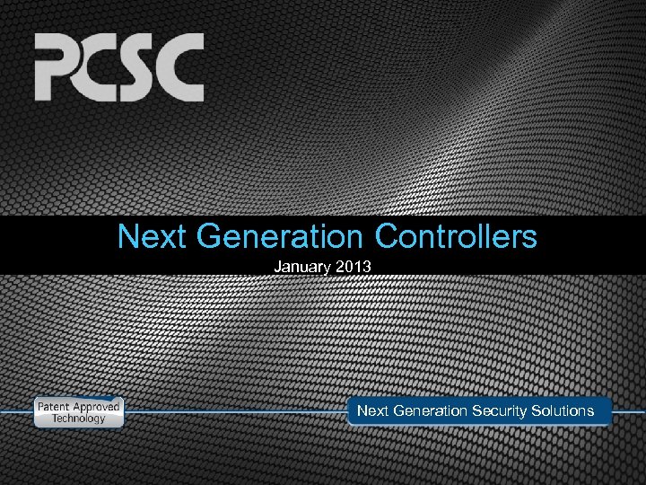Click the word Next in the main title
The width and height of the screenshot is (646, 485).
[152, 237]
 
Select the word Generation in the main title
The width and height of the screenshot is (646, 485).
[278, 237]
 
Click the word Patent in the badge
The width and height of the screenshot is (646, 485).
[55, 407]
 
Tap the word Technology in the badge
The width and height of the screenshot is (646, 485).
[78, 419]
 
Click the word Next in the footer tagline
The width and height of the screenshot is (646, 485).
[372, 410]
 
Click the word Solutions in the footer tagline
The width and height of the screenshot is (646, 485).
[563, 410]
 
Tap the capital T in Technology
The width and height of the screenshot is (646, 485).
[54, 419]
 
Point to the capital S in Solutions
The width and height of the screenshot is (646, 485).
[537, 410]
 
